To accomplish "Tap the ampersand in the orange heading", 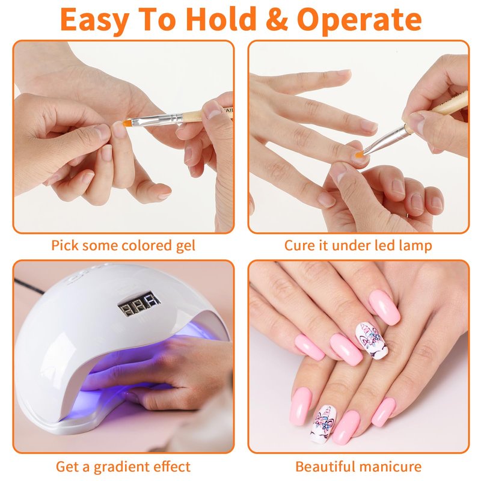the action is tap(277, 19).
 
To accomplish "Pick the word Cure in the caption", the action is tap(296, 246).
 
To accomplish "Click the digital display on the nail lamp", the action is tap(139, 304).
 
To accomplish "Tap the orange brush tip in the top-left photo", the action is tap(127, 123).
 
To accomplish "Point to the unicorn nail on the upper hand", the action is tap(372, 340).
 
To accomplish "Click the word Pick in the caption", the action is tap(64, 246).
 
